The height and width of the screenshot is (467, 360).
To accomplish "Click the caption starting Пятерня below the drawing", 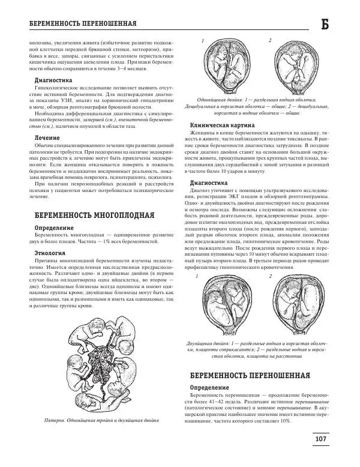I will [x=104, y=419].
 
